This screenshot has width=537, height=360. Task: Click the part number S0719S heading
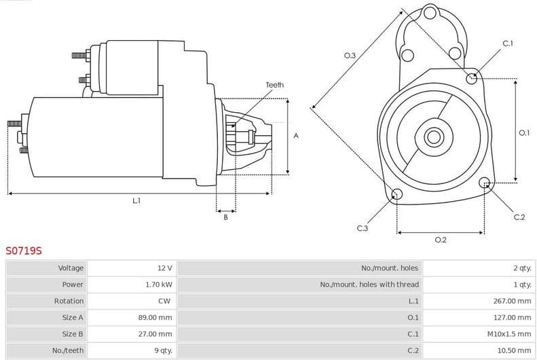click(24, 251)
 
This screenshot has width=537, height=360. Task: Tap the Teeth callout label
click(274, 85)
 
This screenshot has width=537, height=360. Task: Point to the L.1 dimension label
click(136, 200)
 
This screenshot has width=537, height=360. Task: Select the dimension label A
click(296, 136)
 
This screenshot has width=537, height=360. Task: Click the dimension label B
click(225, 217)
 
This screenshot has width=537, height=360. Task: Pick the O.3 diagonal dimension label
click(350, 56)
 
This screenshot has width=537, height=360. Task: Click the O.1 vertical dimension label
click(523, 133)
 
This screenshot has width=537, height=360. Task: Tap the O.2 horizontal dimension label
click(440, 239)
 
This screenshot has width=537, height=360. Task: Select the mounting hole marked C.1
click(473, 78)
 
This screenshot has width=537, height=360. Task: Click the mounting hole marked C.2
click(485, 183)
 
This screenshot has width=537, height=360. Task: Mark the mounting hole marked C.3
click(397, 196)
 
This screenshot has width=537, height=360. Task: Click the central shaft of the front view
click(433, 137)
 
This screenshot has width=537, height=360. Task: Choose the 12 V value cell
click(164, 268)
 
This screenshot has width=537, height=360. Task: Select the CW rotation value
click(166, 301)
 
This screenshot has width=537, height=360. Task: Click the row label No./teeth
click(68, 350)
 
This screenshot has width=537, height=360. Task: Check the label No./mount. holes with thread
click(369, 285)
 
